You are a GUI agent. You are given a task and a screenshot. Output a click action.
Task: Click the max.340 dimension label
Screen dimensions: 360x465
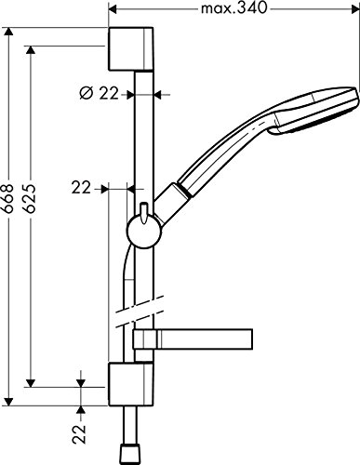(233, 8)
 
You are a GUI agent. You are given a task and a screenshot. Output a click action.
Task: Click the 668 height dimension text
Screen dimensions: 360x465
(7, 198)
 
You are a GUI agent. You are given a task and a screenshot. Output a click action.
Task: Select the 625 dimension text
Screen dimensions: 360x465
(30, 198)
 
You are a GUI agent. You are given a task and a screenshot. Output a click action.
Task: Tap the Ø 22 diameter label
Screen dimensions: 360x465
(100, 93)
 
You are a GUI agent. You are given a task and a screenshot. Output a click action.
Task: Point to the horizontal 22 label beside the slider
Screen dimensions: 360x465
(81, 188)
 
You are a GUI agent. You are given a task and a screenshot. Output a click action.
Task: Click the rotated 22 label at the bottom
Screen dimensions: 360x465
(79, 434)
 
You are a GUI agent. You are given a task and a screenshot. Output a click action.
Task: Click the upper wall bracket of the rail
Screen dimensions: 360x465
(130, 49)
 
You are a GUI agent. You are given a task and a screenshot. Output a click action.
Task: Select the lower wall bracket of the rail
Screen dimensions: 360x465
(130, 384)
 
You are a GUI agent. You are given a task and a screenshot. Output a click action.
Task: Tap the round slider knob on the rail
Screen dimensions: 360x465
(144, 232)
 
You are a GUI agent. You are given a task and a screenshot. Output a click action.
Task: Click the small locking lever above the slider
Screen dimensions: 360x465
(143, 213)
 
